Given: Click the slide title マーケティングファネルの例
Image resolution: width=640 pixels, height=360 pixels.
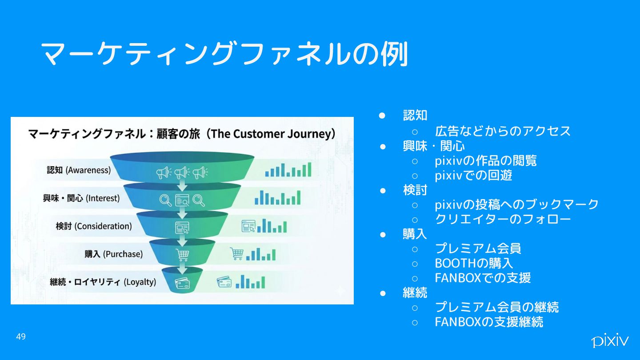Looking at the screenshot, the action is [224, 55].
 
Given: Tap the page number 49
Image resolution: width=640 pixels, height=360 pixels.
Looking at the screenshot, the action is [21, 337].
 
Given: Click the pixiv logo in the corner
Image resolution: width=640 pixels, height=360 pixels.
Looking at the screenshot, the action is [610, 340].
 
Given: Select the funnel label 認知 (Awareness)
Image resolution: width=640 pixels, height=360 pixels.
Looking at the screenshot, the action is [79, 170].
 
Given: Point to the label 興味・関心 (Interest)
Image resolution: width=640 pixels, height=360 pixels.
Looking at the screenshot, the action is [81, 198].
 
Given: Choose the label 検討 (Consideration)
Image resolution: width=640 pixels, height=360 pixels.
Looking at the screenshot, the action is [94, 226].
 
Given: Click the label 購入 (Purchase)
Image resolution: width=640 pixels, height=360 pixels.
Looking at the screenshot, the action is [114, 254].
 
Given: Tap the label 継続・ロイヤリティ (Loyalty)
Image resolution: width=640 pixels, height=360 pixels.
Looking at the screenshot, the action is [103, 282].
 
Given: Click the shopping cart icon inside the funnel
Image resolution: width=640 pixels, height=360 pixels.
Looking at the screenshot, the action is [182, 255].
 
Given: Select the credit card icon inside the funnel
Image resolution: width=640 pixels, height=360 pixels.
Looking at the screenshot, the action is [182, 283].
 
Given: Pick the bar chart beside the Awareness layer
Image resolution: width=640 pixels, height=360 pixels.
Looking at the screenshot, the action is [288, 170].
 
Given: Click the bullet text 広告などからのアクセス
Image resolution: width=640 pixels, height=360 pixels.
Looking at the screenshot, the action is [503, 131].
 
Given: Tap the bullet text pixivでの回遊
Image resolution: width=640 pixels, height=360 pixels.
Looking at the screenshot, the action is [473, 175].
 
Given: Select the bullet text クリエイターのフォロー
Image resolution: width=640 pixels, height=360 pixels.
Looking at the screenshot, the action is [503, 219].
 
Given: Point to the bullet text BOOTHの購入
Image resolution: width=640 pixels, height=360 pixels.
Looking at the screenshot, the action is [474, 263].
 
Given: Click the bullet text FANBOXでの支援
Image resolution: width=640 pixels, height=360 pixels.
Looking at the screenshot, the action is [483, 278].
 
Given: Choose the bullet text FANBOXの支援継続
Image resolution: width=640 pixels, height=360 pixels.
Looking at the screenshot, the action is [489, 322].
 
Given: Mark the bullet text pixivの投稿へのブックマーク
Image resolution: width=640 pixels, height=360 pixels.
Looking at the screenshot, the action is [517, 204].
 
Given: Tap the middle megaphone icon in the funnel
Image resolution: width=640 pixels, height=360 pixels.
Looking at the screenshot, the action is [182, 172].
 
